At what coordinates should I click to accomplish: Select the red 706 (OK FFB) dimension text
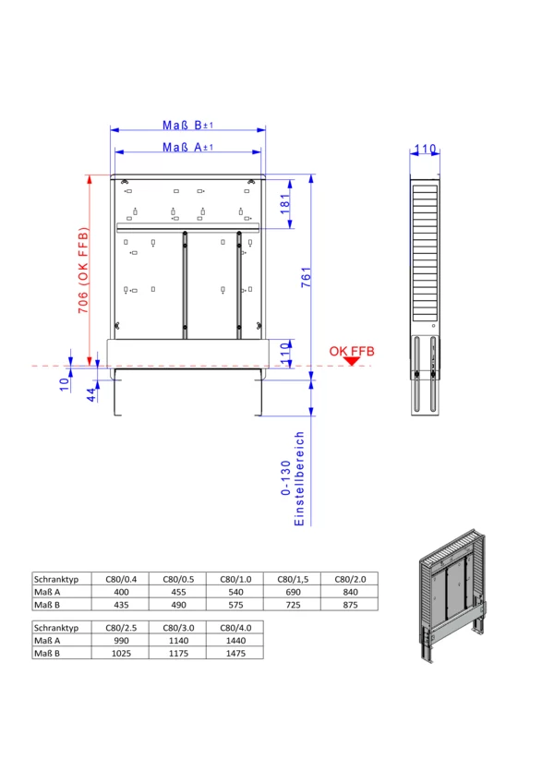83,271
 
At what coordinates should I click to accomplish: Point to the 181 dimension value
284,204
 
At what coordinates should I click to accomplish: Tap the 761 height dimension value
306,277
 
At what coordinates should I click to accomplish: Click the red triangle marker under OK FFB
352,361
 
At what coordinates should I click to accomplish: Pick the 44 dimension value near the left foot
91,395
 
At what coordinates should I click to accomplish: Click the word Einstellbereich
299,478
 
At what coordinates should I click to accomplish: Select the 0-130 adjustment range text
285,478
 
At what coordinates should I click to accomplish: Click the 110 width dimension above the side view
425,149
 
